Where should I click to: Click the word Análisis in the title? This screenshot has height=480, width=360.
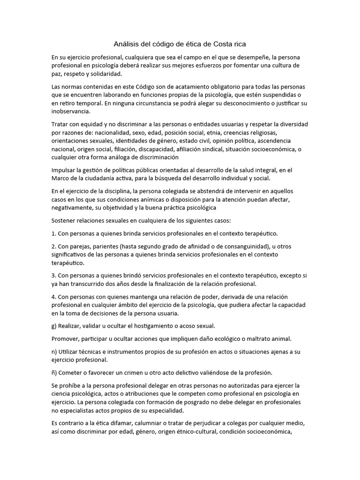click(x=127, y=45)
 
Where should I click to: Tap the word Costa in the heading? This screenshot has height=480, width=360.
click(x=224, y=45)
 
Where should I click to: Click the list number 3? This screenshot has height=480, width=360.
click(x=53, y=276)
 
